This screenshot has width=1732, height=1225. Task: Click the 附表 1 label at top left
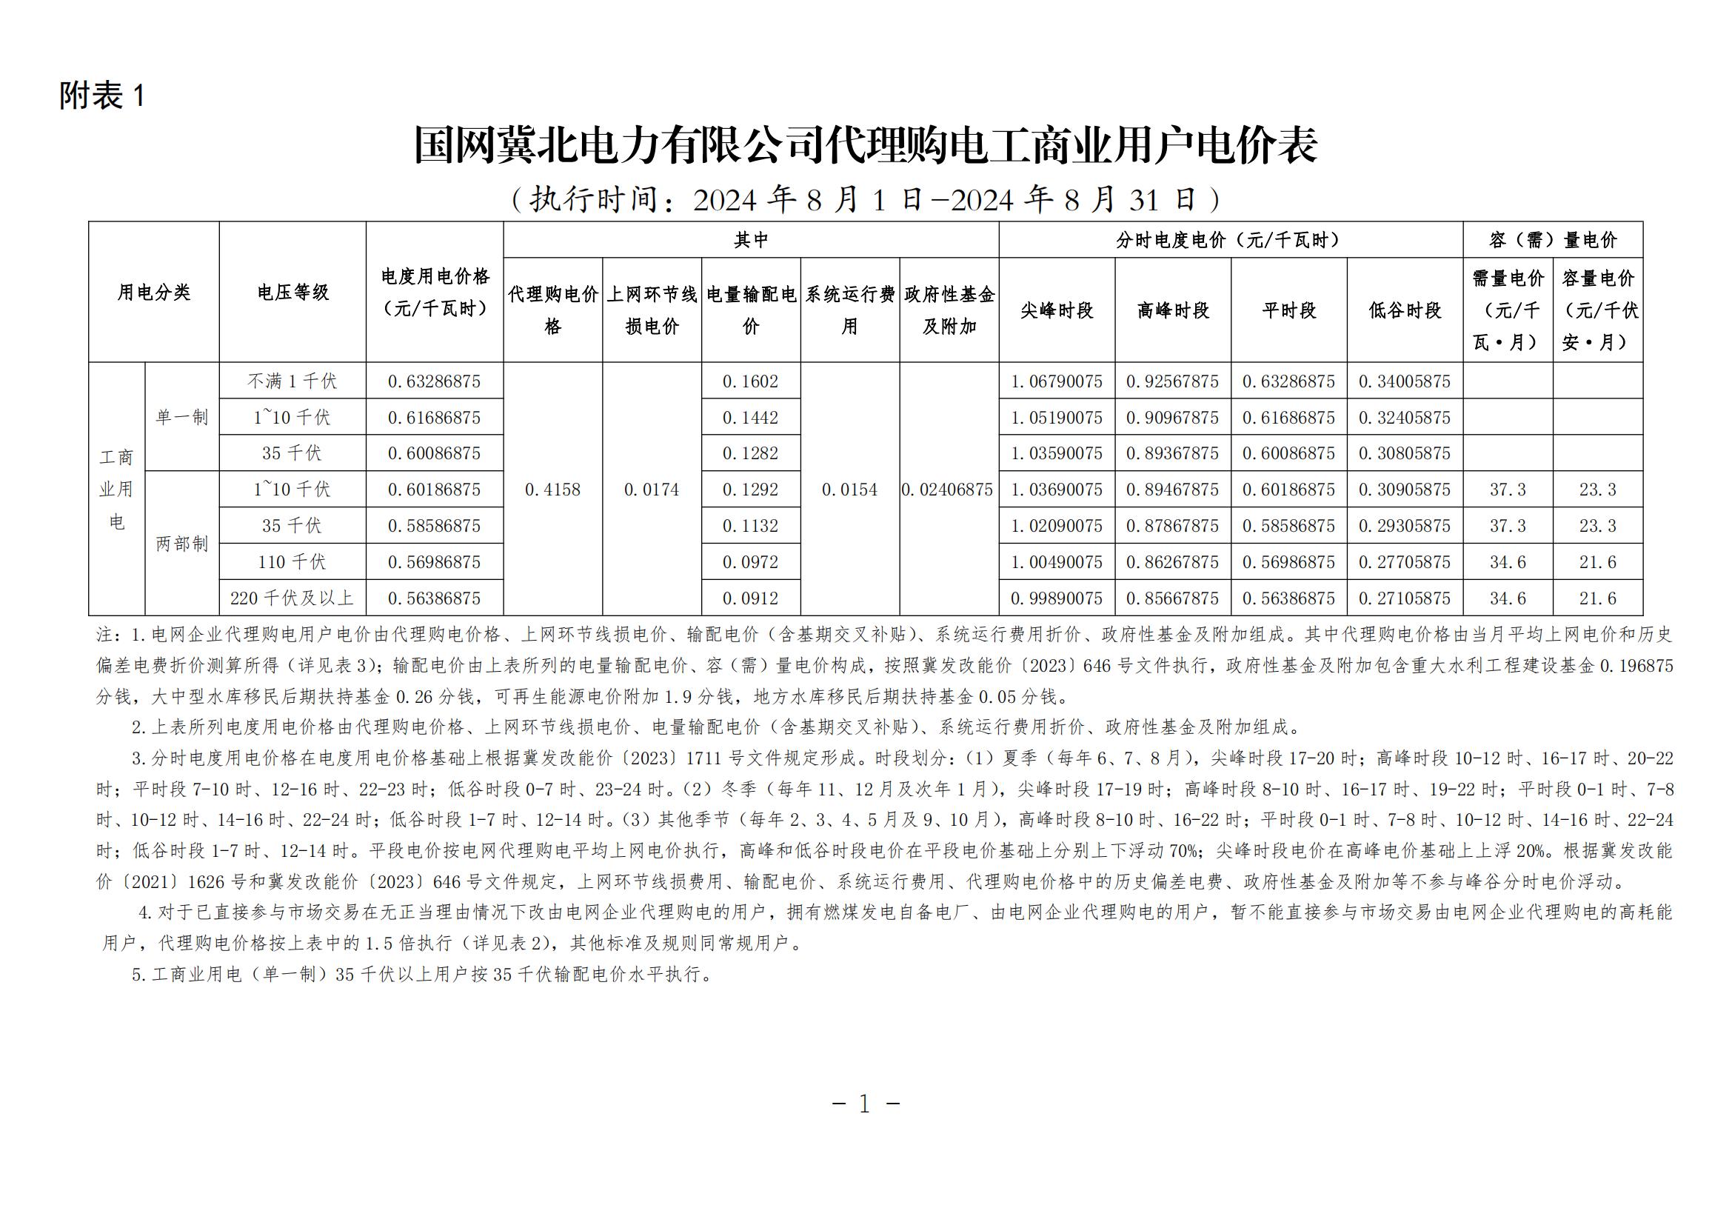pos(102,96)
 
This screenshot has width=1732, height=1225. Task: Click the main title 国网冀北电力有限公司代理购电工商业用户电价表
pos(865,145)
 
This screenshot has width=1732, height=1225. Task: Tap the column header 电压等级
pos(292,293)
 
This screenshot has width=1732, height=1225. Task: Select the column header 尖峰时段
pos(1056,310)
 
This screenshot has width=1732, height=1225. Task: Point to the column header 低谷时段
pos(1405,310)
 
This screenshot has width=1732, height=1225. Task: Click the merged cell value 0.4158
pos(552,490)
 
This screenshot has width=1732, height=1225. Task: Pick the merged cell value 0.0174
pos(651,490)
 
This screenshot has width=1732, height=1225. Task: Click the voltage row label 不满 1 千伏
pos(292,381)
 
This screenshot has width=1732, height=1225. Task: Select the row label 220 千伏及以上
pos(292,598)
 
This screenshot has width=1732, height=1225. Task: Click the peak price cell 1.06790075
pos(1056,381)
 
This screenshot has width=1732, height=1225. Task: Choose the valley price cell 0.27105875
pos(1404,598)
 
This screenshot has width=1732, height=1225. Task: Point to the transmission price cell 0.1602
pos(750,381)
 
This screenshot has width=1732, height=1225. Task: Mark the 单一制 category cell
pos(182,417)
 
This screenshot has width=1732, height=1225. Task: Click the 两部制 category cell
pos(182,544)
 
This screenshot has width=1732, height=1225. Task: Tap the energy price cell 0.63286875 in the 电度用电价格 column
pos(434,381)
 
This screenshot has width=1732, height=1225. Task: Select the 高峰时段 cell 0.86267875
pos(1172,562)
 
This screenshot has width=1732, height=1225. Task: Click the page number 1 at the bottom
pos(864,1104)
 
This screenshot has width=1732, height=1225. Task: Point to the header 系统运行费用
pos(849,310)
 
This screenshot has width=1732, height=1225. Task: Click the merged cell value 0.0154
pos(849,490)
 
